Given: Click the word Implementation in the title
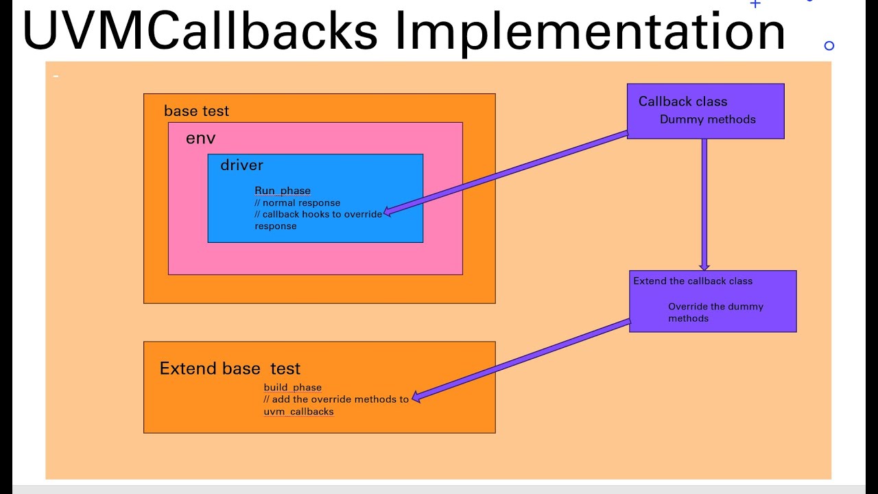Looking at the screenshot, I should pyautogui.click(x=590, y=32).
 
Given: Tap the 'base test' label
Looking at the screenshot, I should pyautogui.click(x=196, y=111).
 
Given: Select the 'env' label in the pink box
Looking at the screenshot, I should pyautogui.click(x=200, y=139).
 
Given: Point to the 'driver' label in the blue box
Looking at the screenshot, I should pyautogui.click(x=241, y=165).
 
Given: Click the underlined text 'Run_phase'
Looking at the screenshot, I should pyautogui.click(x=283, y=191).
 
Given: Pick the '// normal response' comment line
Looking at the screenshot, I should pyautogui.click(x=297, y=203).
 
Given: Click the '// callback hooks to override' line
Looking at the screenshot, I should pyautogui.click(x=318, y=214).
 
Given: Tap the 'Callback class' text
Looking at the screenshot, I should pyautogui.click(x=683, y=102).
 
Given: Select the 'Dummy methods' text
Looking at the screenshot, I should pyautogui.click(x=707, y=119).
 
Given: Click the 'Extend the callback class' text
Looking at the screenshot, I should pyautogui.click(x=693, y=281).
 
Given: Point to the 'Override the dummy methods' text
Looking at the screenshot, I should pyautogui.click(x=715, y=312).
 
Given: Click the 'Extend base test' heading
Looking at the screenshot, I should pyautogui.click(x=230, y=368).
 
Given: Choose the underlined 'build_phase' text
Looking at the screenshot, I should pyautogui.click(x=292, y=388).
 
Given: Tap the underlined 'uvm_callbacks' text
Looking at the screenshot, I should pyautogui.click(x=298, y=412).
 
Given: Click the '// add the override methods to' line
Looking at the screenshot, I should pyautogui.click(x=336, y=399).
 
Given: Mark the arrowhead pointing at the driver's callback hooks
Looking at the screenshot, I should pyautogui.click(x=388, y=212).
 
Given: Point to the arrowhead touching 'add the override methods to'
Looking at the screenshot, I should pyautogui.click(x=416, y=396).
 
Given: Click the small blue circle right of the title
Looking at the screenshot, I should pyautogui.click(x=829, y=46).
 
